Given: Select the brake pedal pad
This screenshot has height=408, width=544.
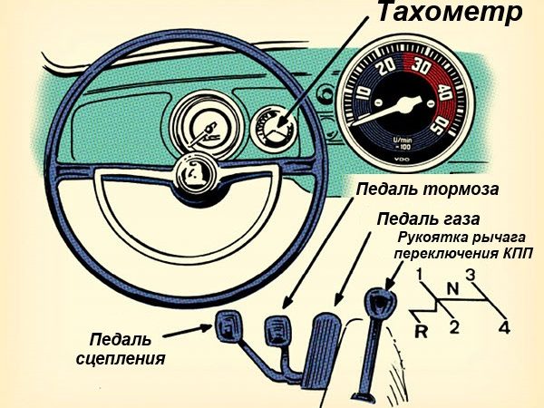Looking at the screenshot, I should (274, 325).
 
